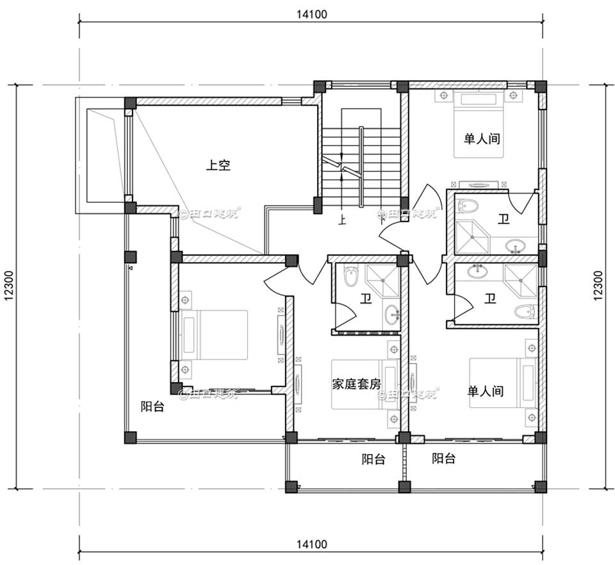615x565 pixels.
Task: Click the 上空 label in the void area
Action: (x=218, y=165)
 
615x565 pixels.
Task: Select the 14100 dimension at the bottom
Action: (x=312, y=545)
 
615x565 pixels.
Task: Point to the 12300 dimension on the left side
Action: (x=13, y=285)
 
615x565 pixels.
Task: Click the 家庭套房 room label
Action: (x=356, y=384)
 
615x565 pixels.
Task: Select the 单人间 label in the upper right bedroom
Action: (x=482, y=138)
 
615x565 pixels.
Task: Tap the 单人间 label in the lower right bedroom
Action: (x=485, y=391)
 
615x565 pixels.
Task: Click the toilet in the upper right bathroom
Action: (x=468, y=206)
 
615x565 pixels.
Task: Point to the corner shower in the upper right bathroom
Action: (x=473, y=237)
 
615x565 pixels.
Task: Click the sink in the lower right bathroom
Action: (x=477, y=272)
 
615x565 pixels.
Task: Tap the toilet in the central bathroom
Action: (x=350, y=277)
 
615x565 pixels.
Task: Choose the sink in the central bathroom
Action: (x=392, y=314)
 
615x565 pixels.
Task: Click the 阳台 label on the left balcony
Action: (x=152, y=406)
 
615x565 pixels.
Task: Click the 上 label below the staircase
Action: (x=342, y=221)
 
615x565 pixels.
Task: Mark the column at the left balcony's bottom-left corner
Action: (x=130, y=438)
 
